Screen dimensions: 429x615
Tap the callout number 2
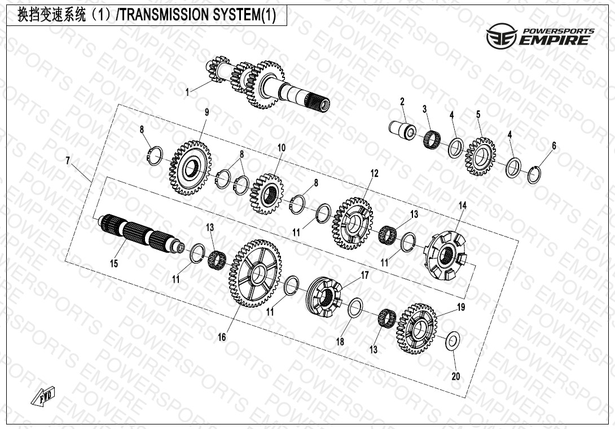(402, 102)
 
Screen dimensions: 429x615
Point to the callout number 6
(553, 146)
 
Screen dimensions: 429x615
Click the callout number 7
(68, 161)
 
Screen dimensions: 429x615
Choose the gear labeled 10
(266, 194)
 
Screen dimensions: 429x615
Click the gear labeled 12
(354, 222)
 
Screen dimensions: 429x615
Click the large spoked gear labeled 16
(255, 274)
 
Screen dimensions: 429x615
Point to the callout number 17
(364, 275)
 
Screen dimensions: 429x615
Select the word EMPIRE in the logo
(556, 40)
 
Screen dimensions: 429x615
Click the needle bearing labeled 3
(433, 138)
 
